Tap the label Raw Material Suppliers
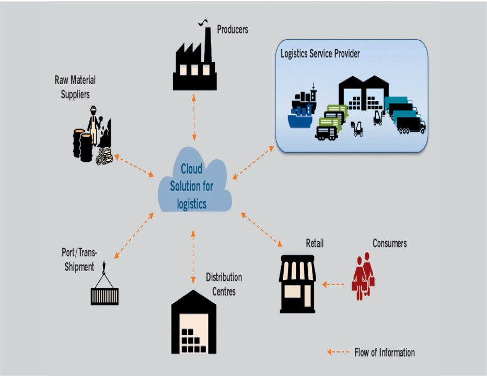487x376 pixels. coord(75,87)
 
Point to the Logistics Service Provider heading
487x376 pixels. coord(320,54)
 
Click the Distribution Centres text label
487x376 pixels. coord(223,284)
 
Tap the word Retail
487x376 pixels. coord(315,243)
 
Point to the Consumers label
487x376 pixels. coord(389,243)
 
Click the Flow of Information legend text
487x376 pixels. coord(384,352)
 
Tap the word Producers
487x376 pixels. coord(233,29)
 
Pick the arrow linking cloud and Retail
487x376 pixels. coord(262,229)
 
